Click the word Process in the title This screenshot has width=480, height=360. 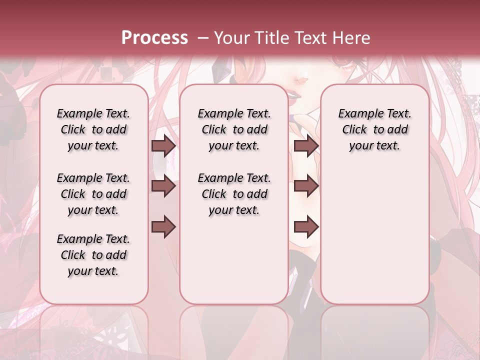(x=154, y=38)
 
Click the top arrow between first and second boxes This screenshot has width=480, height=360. (x=163, y=146)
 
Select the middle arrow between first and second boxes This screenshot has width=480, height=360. (x=163, y=186)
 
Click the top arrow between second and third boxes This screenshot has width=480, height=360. (x=306, y=146)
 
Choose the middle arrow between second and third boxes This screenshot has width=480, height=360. (x=306, y=186)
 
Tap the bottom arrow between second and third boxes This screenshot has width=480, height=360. (x=306, y=226)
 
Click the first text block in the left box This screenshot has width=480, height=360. (x=93, y=130)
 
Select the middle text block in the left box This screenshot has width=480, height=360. (x=93, y=194)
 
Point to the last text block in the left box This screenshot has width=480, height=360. (x=93, y=255)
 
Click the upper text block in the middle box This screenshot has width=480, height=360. (x=234, y=130)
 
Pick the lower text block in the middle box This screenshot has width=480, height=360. (x=234, y=194)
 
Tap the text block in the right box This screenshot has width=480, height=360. (x=374, y=130)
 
